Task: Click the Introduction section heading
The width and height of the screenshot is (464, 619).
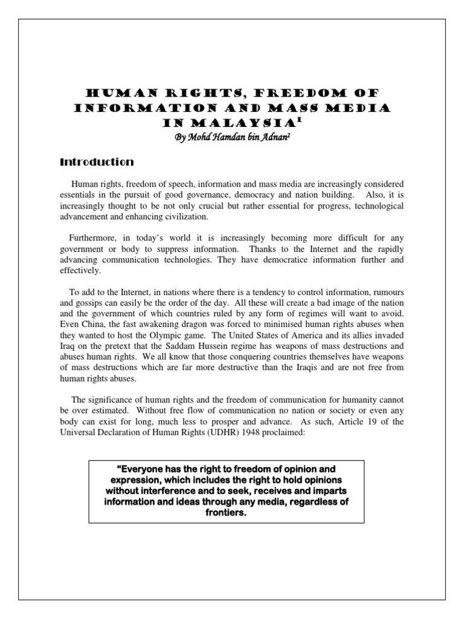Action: [x=96, y=162]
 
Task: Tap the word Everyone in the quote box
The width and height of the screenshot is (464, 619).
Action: [x=141, y=469]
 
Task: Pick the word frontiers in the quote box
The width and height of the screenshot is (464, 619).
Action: [x=227, y=513]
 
